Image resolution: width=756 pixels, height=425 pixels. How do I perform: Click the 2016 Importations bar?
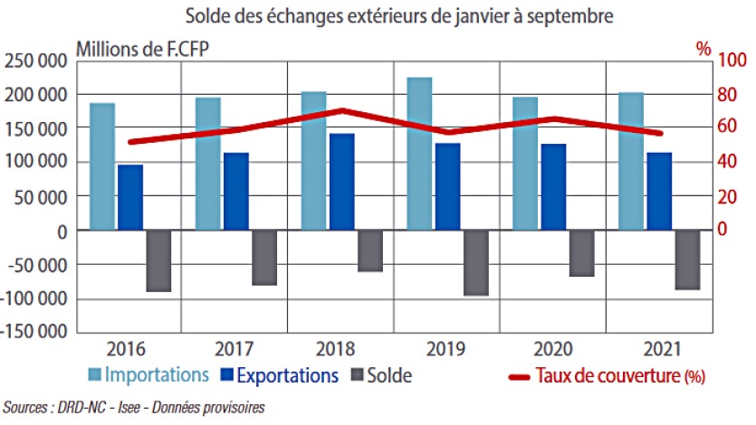tap(102, 166)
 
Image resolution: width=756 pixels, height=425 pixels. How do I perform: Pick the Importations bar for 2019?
tap(419, 154)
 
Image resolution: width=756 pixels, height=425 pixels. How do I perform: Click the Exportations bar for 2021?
tap(659, 191)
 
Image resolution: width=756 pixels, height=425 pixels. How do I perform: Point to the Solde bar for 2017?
tap(264, 258)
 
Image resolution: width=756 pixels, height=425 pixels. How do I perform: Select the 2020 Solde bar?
tap(581, 253)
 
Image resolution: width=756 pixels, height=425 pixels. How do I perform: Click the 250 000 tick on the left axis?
tap(35, 61)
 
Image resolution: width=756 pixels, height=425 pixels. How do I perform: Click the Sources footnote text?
tap(136, 408)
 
